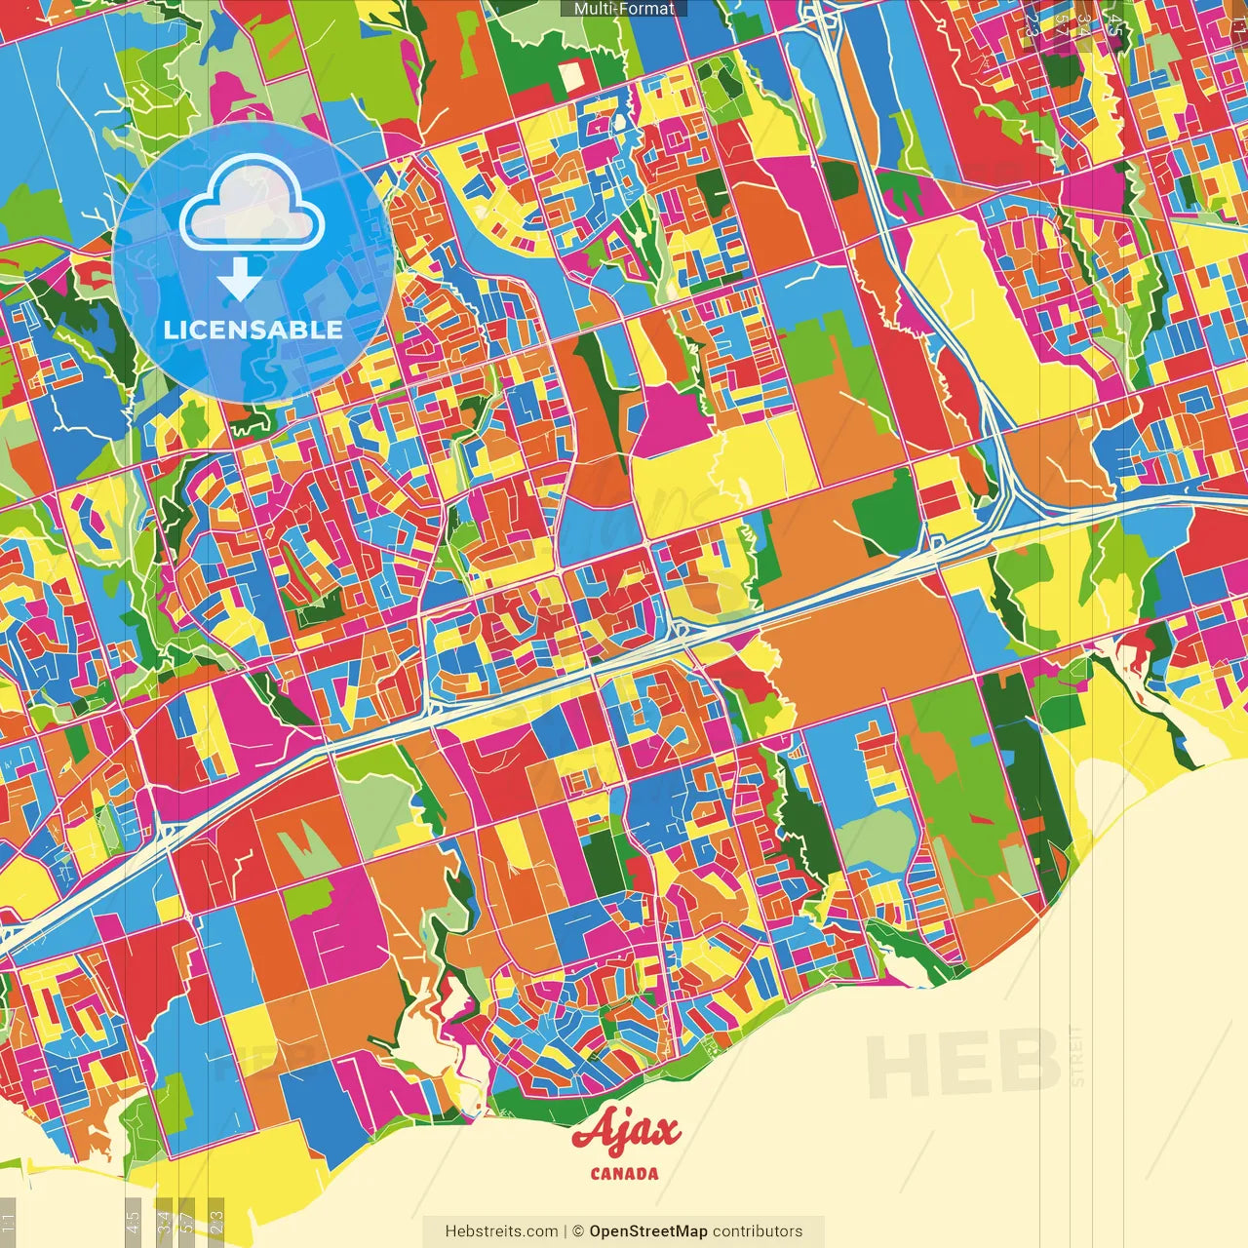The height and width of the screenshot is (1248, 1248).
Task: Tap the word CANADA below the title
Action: point(624,1174)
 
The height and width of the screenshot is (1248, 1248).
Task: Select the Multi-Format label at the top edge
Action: point(624,9)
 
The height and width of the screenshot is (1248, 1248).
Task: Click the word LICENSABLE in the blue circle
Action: point(253,330)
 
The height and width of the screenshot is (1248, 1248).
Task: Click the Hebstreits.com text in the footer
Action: point(501,1231)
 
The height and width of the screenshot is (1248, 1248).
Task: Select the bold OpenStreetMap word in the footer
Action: point(648,1231)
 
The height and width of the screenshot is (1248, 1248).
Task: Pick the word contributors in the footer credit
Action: point(758,1231)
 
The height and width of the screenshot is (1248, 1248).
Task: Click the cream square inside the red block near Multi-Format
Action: point(571,72)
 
